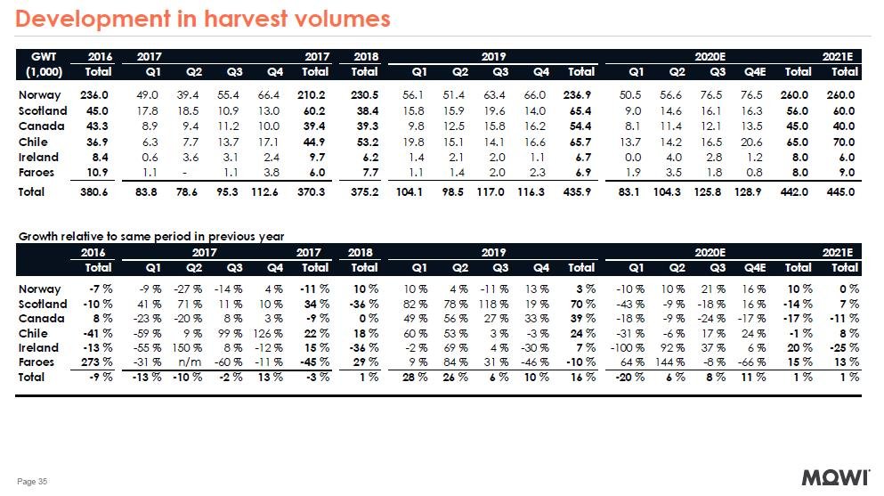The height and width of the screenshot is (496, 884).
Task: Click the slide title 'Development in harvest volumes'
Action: pos(204,19)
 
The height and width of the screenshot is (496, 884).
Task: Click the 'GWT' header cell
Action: pos(43,56)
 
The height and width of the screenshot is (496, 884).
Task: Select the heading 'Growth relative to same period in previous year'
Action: pos(151,236)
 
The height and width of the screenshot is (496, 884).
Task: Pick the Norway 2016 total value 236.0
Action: pos(95,95)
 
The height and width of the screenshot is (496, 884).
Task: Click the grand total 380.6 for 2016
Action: pos(95,191)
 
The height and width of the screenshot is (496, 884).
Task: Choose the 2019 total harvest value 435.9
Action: pos(580,191)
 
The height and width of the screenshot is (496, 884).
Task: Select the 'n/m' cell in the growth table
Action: pos(193,362)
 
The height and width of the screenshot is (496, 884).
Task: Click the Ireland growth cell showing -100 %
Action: pos(633,346)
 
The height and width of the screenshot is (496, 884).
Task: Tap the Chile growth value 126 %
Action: pos(272,332)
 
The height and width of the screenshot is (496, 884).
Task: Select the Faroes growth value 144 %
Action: pos(674,362)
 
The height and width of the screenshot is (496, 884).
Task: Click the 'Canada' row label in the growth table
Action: pos(39,318)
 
